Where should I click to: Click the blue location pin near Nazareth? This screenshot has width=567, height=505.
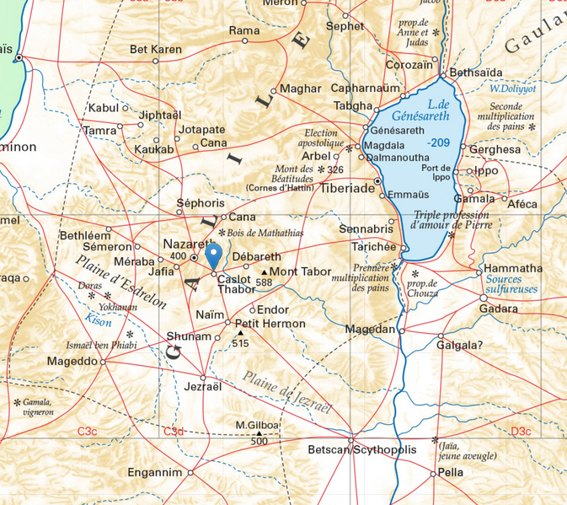pyautogui.click(x=214, y=254)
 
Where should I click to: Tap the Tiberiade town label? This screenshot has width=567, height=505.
pyautogui.click(x=347, y=189)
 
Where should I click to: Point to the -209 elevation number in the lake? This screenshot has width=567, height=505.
pyautogui.click(x=437, y=142)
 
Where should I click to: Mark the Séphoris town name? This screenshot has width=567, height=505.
pyautogui.click(x=201, y=204)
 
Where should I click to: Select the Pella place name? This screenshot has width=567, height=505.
pyautogui.click(x=451, y=473)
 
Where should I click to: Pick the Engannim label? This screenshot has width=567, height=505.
pyautogui.click(x=155, y=472)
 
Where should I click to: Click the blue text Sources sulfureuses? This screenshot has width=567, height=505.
pyautogui.click(x=512, y=285)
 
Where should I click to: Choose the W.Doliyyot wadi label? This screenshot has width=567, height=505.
pyautogui.click(x=513, y=89)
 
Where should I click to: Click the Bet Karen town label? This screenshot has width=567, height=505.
pyautogui.click(x=155, y=50)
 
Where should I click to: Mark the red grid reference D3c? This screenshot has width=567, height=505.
pyautogui.click(x=521, y=432)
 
